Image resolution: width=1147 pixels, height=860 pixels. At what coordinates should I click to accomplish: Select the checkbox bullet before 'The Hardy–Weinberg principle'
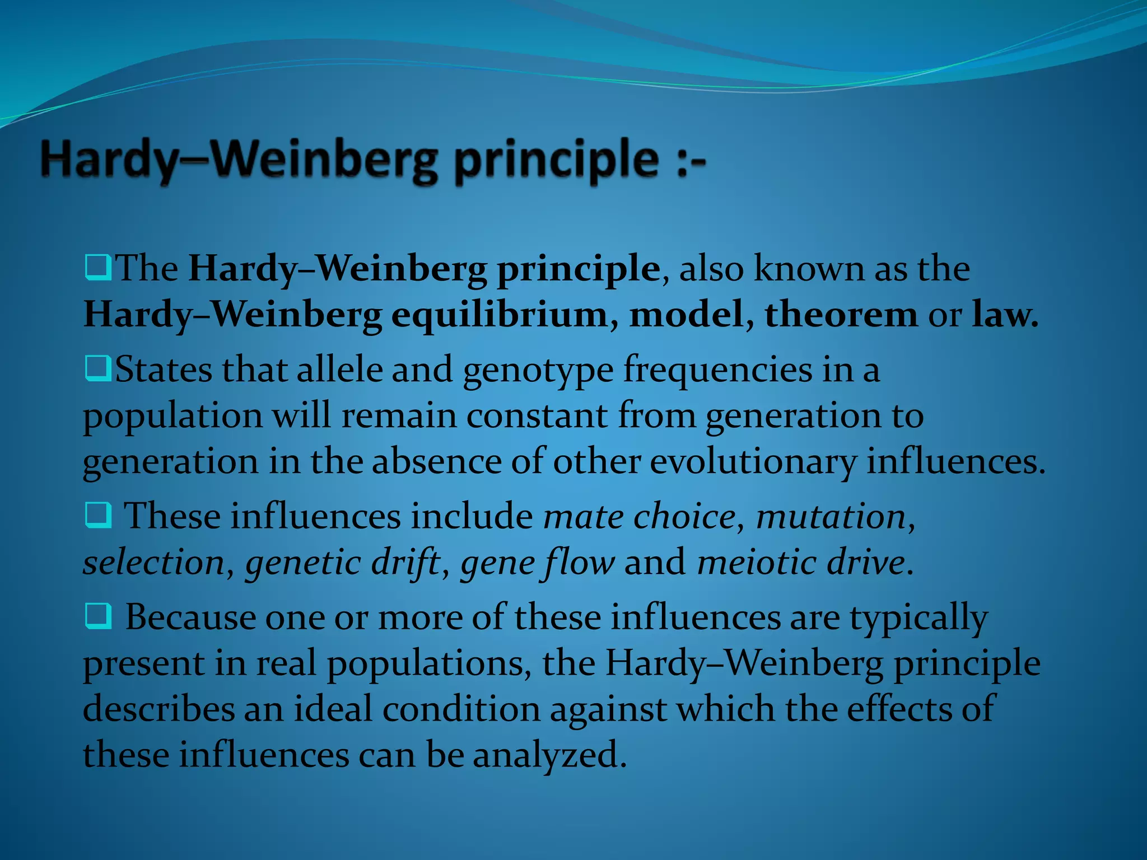pyautogui.click(x=98, y=268)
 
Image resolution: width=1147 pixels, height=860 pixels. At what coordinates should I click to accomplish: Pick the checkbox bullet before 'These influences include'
pyautogui.click(x=98, y=516)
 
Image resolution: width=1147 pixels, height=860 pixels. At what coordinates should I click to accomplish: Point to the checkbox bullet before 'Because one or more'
pyautogui.click(x=98, y=617)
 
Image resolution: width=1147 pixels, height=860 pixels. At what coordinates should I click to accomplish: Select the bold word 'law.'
pyautogui.click(x=1005, y=315)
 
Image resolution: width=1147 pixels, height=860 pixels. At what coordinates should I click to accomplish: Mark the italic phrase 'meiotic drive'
pyautogui.click(x=801, y=562)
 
